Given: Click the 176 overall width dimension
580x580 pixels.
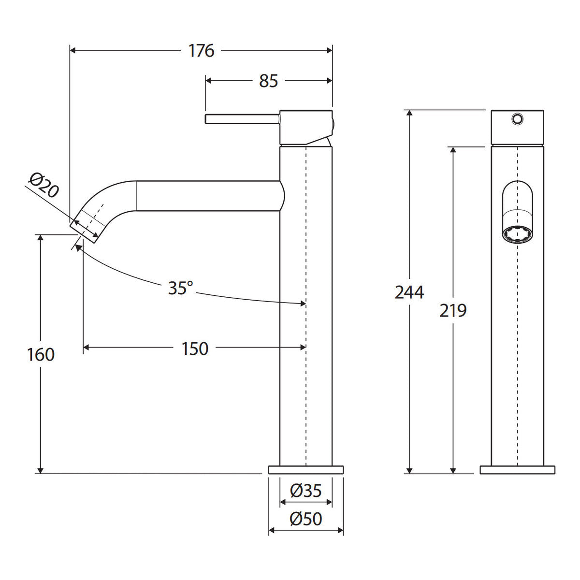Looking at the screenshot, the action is pos(202,51).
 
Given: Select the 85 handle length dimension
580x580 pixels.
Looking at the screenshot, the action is pos(268,81).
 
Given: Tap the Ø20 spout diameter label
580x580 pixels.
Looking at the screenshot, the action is pos(44,185).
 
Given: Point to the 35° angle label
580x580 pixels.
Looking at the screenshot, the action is pos(180,288).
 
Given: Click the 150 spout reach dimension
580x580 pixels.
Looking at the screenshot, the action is pos(195,349).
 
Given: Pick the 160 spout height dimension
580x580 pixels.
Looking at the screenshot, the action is pos(41,354).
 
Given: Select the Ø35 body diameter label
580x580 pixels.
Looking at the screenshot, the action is pos(306,491).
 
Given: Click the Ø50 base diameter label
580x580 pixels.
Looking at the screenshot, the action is pos(306,519).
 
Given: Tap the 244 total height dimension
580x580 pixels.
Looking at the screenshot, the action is pos(409,292).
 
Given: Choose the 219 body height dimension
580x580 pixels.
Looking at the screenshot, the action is pos(453,311).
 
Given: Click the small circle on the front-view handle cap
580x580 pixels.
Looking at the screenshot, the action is pos(517,118).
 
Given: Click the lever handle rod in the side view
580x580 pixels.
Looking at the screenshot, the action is pos(243,119).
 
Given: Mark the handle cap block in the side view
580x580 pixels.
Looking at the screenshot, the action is pos(306,127).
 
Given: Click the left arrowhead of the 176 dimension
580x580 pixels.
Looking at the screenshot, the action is pos(72,51).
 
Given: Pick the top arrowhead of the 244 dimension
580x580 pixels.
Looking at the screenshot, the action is pos(409,113).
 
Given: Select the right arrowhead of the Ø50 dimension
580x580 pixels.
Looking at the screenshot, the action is pos(340,530).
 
